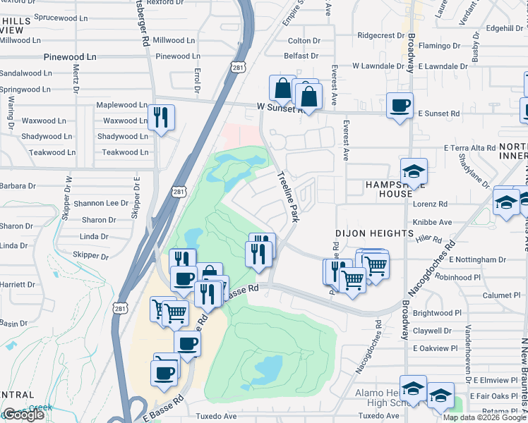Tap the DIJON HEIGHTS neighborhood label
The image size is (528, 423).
tap(373, 233)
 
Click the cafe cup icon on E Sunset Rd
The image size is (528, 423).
tap(400, 105)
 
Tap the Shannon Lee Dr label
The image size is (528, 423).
tap(106, 203)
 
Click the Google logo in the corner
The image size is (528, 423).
tap(23, 415)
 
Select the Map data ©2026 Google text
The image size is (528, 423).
tap(484, 417)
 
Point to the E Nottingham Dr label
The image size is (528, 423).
tap(478, 260)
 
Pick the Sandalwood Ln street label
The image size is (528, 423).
tap(25, 73)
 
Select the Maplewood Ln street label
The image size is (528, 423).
tap(121, 105)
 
